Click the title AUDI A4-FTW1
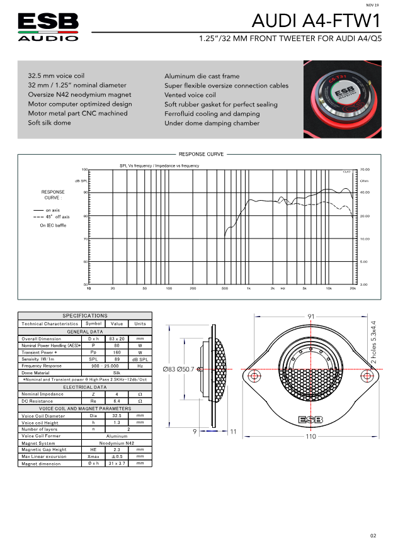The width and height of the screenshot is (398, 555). (316, 22)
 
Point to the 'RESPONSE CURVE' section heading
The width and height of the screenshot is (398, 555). (201, 154)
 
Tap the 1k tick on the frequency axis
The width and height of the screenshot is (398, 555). (249, 288)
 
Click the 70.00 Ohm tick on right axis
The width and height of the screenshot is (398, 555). (365, 169)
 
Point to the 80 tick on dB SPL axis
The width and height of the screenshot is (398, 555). (85, 216)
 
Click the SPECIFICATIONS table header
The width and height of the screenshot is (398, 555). (84, 316)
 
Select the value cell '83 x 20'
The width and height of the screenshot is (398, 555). (117, 339)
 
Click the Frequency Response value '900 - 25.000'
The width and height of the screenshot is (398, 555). (117, 366)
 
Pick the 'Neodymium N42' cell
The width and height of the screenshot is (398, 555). (117, 443)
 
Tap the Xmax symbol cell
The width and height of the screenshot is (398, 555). (93, 456)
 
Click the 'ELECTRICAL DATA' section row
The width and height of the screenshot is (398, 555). (84, 387)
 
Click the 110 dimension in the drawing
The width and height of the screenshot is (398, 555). (310, 436)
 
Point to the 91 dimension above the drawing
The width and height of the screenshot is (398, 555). (310, 316)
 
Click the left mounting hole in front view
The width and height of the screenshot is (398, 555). (254, 376)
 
